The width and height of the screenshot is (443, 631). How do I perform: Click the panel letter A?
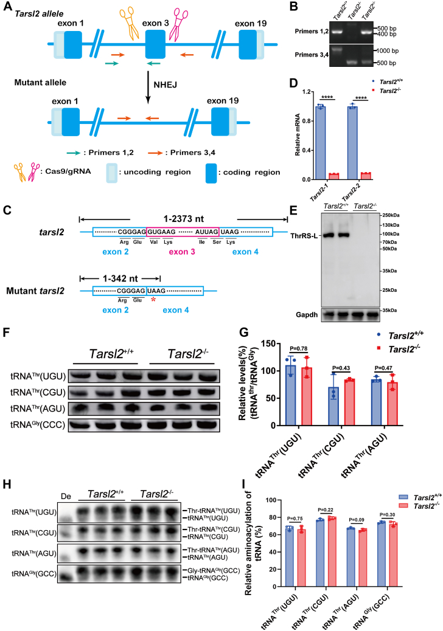6,7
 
